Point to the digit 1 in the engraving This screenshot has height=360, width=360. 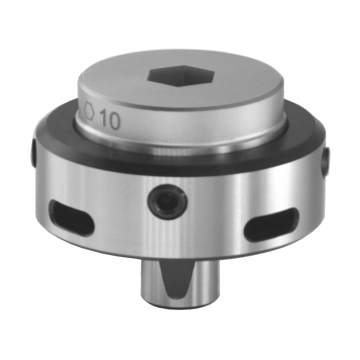pos(103,119)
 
